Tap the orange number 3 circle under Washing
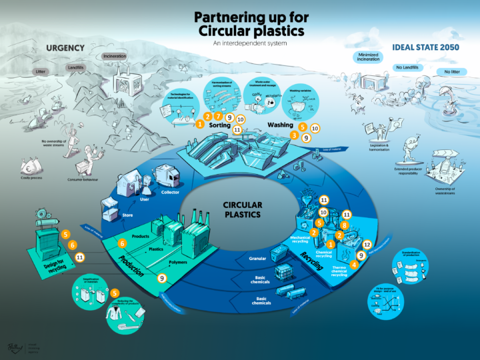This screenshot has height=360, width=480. coord(294,135)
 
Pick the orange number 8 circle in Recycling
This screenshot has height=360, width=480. coord(345,226)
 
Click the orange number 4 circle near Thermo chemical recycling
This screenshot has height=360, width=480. coord(355,264)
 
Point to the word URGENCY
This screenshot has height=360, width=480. coord(64,48)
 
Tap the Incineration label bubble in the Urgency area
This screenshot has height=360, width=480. coord(115,57)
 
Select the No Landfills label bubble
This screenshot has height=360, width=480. coord(407,67)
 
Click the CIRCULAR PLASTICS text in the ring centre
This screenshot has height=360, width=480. coord(241,210)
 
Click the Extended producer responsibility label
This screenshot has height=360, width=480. coord(405,172)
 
